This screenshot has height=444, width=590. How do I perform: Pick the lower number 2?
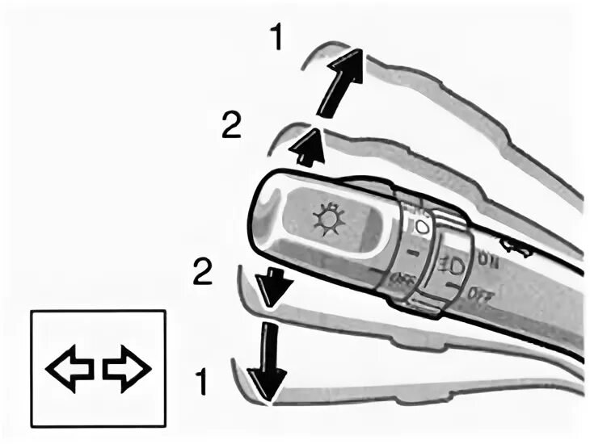202,271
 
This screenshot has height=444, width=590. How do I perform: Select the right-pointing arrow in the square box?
127,368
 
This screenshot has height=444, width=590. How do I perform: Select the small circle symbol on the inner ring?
420,227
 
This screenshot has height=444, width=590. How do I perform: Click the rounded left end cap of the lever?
267,218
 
